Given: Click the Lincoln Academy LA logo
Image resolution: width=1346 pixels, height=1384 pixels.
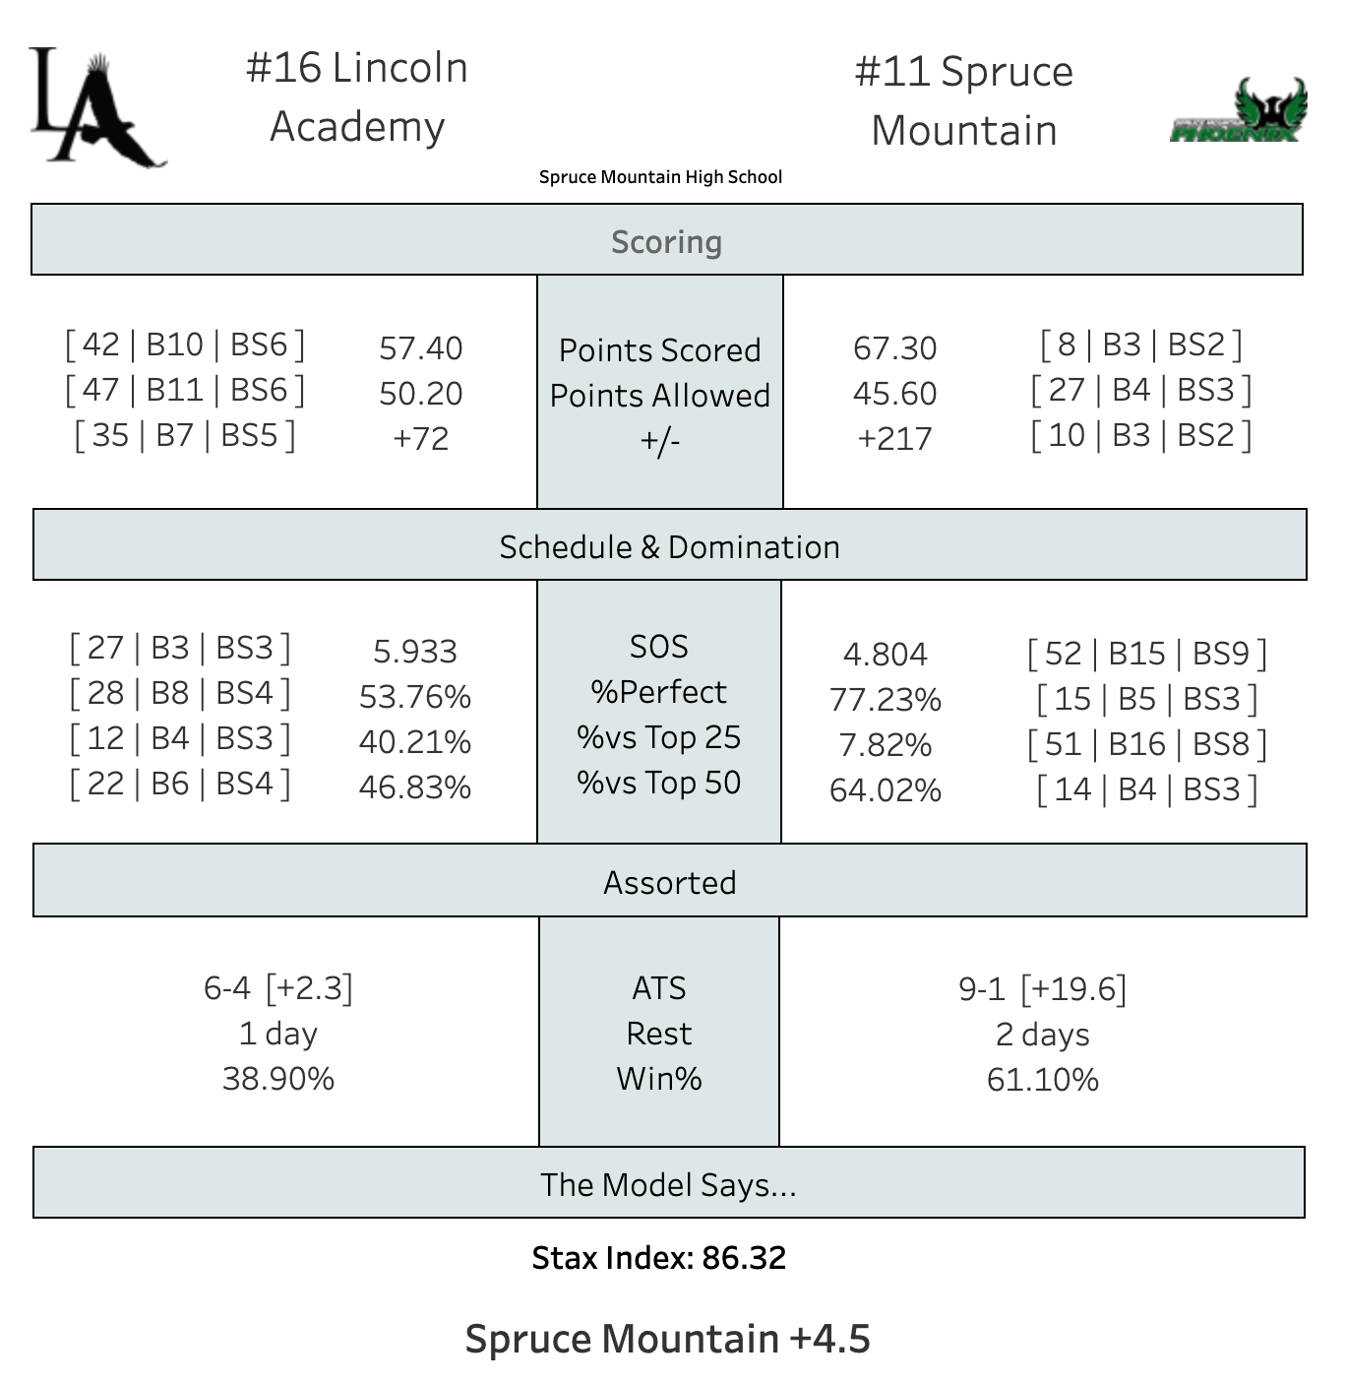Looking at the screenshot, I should [x=96, y=108].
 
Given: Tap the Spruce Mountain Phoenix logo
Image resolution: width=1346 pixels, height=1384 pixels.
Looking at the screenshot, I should [x=1239, y=111].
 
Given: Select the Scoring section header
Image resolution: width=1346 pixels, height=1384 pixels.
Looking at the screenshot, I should [x=666, y=241].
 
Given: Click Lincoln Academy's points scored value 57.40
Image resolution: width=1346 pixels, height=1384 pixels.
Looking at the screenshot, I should [x=420, y=347].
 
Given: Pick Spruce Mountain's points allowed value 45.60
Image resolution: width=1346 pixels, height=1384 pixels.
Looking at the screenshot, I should [x=894, y=393].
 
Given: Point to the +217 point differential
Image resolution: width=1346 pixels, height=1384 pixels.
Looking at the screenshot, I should [x=894, y=438].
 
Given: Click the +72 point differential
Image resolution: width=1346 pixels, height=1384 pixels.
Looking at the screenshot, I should [x=420, y=438].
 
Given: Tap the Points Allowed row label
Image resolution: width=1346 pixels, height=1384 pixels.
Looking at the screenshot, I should [x=659, y=395].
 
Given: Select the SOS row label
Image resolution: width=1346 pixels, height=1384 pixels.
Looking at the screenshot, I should [x=658, y=647].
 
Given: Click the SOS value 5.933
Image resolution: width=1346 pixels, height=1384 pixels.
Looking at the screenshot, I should [x=414, y=651].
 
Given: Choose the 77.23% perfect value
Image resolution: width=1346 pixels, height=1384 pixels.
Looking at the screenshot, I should [x=885, y=699].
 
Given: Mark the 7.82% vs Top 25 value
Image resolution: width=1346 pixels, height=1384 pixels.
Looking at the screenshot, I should [x=885, y=744].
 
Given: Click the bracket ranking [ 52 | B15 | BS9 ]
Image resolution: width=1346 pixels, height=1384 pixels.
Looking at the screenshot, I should [x=1146, y=654].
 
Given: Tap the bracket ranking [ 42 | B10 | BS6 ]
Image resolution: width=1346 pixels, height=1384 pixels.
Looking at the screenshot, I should [x=185, y=345].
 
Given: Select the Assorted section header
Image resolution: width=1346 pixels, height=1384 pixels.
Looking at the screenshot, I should [x=669, y=882].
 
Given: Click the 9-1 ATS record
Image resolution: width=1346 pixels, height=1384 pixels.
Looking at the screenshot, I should [x=981, y=988].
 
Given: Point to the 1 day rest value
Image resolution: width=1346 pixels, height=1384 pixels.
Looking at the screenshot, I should [x=277, y=1034].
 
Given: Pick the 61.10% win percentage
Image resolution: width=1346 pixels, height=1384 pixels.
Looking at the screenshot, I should [x=1042, y=1079].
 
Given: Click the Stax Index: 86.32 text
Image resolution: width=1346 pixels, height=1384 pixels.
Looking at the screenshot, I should [x=658, y=1257].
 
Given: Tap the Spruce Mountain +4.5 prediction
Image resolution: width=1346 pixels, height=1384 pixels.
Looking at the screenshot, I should [x=667, y=1338].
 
